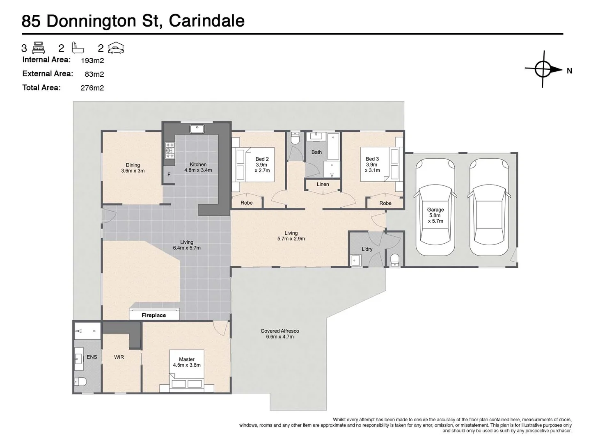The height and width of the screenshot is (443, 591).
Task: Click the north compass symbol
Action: tap(543, 69)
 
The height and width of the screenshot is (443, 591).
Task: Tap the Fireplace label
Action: tap(154, 315)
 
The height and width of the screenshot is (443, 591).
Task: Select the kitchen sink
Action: tap(197, 128)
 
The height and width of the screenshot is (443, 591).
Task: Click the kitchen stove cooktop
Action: tap(169, 150)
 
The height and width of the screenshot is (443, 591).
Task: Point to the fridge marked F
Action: tap(169, 174)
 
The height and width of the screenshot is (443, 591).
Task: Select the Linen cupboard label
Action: tap(323, 184)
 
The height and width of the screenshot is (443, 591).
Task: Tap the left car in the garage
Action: tap(435, 207)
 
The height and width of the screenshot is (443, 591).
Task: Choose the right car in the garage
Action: tap(489, 207)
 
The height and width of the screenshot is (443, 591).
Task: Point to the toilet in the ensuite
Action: tap(80, 382)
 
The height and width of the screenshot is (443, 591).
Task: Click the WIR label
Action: tap(119, 357)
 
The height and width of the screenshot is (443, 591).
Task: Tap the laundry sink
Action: tap(355, 260)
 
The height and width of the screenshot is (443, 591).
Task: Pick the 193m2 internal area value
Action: tap(92, 60)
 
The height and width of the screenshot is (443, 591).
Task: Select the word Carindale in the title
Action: tap(206, 21)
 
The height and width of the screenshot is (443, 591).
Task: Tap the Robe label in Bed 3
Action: tap(385, 203)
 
